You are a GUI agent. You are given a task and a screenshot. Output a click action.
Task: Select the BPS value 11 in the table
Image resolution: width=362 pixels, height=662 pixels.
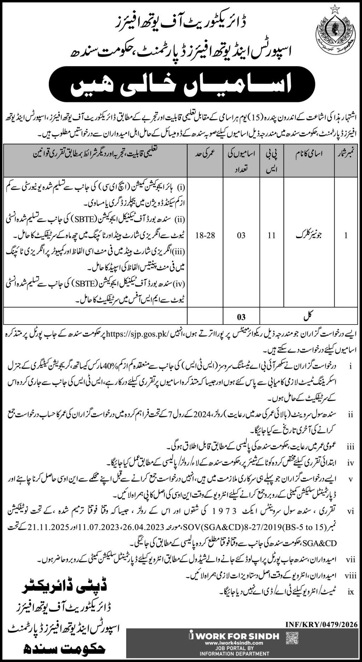tap(271, 235)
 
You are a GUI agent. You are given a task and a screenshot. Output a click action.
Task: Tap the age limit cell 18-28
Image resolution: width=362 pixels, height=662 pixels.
tap(205, 235)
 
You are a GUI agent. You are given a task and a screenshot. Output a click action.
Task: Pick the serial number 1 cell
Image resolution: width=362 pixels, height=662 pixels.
tap(346, 235)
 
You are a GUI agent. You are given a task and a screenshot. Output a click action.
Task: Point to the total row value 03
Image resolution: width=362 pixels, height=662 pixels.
tap(241, 317)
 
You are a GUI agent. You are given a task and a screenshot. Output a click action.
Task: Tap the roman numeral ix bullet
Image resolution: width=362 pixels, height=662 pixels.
tap(351, 591)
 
